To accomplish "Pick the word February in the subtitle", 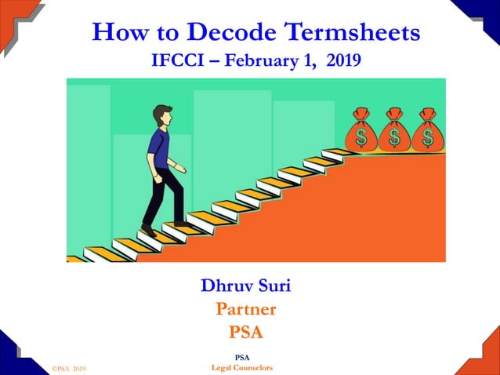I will coord(262,60).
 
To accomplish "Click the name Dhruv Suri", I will coord(245,286).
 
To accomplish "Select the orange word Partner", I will coord(245,309).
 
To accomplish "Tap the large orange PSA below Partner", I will coord(245,333).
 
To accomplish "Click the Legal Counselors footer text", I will coord(242,367).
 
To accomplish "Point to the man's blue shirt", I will coord(158,147).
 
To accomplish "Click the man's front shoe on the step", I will coord(181,224).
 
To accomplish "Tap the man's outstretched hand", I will coord(183,169).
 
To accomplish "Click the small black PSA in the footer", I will coord(242,359).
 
